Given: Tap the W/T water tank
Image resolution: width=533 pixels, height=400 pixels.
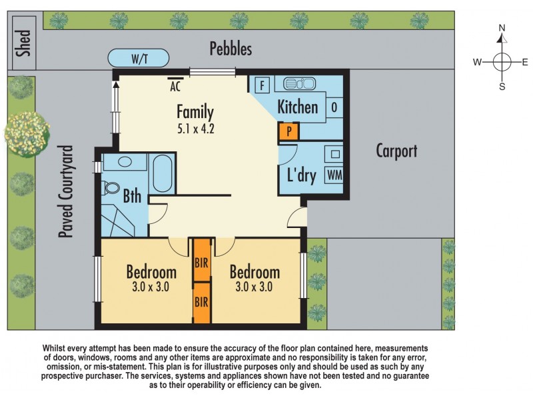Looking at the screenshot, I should pyautogui.click(x=139, y=59).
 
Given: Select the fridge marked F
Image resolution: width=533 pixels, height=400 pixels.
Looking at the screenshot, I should pyautogui.click(x=262, y=85).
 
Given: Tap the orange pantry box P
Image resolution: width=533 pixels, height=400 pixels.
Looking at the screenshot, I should pyautogui.click(x=289, y=131).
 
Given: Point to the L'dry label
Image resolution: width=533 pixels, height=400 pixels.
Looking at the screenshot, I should pyautogui.click(x=300, y=177).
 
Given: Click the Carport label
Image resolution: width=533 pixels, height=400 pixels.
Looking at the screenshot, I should pyautogui.click(x=396, y=151).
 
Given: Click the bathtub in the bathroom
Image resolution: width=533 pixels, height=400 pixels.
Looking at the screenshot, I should pyautogui.click(x=163, y=174).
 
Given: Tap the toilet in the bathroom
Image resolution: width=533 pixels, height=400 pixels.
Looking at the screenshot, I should pyautogui.click(x=112, y=189).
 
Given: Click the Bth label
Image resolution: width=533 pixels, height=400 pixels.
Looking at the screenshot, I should pyautogui.click(x=132, y=197).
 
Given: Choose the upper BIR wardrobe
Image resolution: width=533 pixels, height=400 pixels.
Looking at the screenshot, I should pyautogui.click(x=201, y=261).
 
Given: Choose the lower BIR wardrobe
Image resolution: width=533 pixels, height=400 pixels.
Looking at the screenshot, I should pyautogui.click(x=201, y=301).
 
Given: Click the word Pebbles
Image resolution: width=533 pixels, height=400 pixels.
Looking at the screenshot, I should pyautogui.click(x=231, y=49).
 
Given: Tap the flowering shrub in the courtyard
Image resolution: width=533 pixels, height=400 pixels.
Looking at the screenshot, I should pyautogui.click(x=27, y=130).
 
